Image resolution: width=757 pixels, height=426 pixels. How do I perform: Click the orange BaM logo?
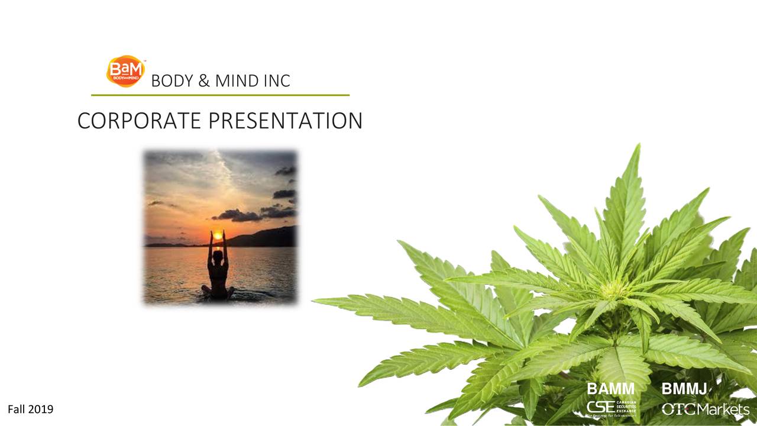[125, 71]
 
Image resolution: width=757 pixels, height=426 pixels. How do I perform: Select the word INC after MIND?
[277, 81]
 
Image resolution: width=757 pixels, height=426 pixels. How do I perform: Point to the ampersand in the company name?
[204, 81]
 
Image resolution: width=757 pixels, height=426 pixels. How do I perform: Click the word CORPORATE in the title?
[141, 121]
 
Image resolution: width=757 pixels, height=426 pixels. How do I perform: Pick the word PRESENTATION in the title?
[286, 121]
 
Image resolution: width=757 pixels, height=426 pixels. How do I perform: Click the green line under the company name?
[220, 95]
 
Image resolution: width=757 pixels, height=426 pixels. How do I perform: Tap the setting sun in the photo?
[218, 235]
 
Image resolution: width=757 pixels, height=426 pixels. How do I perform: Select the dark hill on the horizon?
[266, 237]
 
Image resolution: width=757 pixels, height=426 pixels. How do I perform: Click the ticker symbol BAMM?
[610, 389]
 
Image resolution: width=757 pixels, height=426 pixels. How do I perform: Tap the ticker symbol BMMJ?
[684, 389]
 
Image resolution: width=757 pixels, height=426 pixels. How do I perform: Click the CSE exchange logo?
[611, 408]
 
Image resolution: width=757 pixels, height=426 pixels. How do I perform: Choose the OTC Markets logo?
[705, 409]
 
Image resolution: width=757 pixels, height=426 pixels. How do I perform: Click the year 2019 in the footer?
[40, 409]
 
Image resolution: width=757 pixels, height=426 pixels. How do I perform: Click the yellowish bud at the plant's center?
[614, 289]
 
